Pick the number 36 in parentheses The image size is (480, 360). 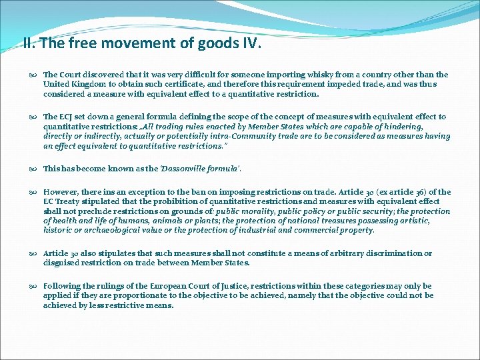click(x=420, y=192)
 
